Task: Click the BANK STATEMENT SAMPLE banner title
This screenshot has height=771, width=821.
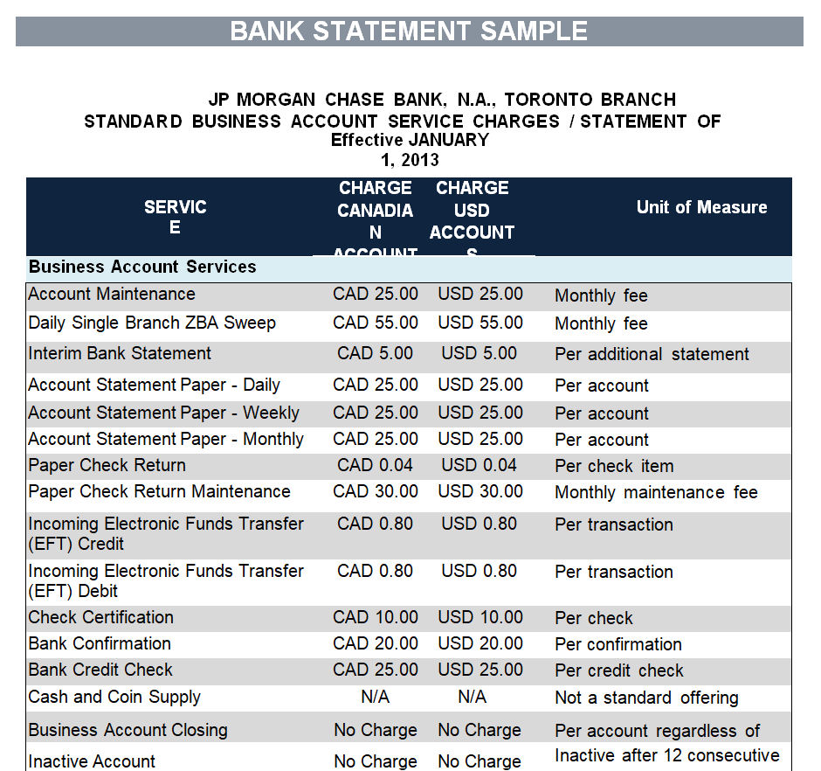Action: [x=409, y=31]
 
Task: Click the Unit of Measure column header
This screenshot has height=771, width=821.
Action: [x=701, y=207]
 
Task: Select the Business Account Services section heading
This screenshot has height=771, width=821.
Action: [x=142, y=267]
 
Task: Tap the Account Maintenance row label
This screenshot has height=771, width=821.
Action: [x=112, y=295]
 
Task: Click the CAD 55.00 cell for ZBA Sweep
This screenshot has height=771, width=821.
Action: [x=376, y=323]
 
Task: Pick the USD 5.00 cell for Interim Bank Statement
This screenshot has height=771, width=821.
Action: [x=479, y=354]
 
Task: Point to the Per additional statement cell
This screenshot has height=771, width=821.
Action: [x=652, y=355]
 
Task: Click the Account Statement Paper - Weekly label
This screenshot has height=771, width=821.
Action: [x=163, y=413]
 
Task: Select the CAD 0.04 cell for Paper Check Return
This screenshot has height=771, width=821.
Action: [x=376, y=465]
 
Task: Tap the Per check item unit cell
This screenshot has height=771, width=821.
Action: [x=614, y=466]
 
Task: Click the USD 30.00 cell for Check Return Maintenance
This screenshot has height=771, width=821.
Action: [x=479, y=491]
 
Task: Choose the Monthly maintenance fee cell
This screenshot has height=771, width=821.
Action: [x=656, y=492]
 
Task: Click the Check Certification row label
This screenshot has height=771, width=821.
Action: [x=100, y=617]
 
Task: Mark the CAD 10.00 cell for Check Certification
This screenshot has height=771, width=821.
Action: [x=376, y=617]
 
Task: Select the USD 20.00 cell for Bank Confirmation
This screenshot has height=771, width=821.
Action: [x=479, y=643]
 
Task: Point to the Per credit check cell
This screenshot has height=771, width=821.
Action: [x=618, y=670]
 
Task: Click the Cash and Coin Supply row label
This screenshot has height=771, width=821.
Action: [x=114, y=697]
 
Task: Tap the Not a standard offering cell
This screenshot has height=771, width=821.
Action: [x=646, y=698]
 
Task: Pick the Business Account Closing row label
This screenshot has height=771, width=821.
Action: [x=128, y=730]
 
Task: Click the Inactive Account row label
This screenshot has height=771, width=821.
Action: [x=92, y=761]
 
